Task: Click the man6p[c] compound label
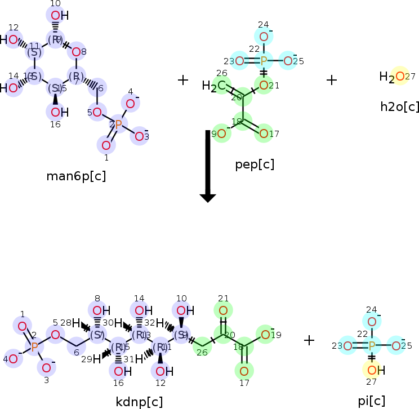click(76, 176)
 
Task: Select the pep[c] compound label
click(255, 165)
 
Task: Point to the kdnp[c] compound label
click(139, 402)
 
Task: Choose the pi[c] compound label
click(372, 401)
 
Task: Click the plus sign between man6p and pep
click(182, 80)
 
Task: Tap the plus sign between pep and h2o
click(332, 80)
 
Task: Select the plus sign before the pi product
click(309, 340)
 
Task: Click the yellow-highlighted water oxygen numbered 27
click(399, 76)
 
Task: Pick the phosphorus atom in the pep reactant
click(263, 61)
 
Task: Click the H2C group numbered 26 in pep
click(214, 86)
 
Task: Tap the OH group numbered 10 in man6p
click(57, 16)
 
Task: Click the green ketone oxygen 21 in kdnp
click(223, 310)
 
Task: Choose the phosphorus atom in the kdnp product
click(34, 347)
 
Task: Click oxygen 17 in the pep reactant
click(263, 134)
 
